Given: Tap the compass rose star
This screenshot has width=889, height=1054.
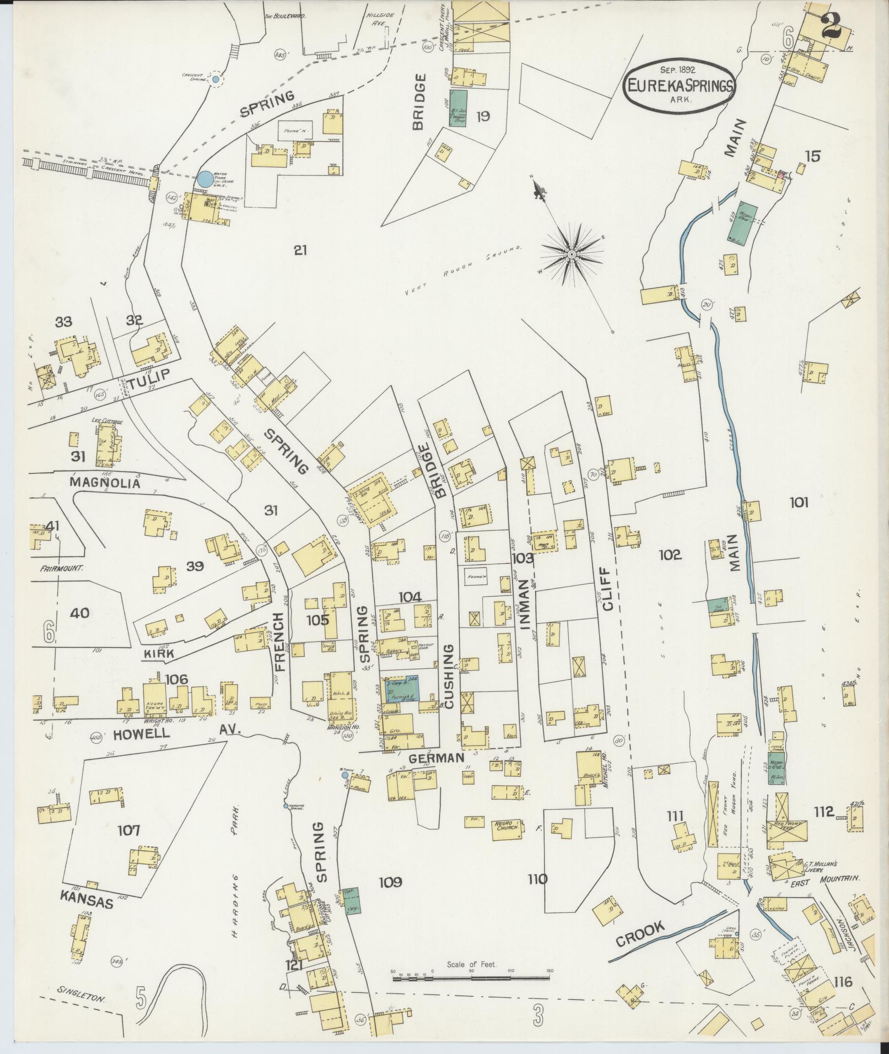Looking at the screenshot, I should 572,255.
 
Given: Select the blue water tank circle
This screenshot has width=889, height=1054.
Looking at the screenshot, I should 204,179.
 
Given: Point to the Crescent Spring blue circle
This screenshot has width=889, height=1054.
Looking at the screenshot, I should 215,80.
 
